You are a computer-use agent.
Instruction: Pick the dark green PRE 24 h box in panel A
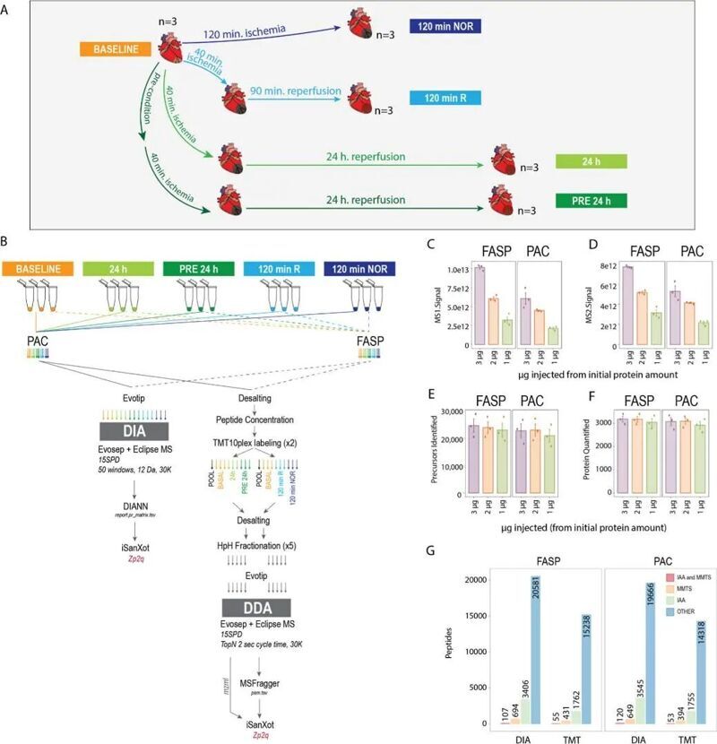coord(591,199)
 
